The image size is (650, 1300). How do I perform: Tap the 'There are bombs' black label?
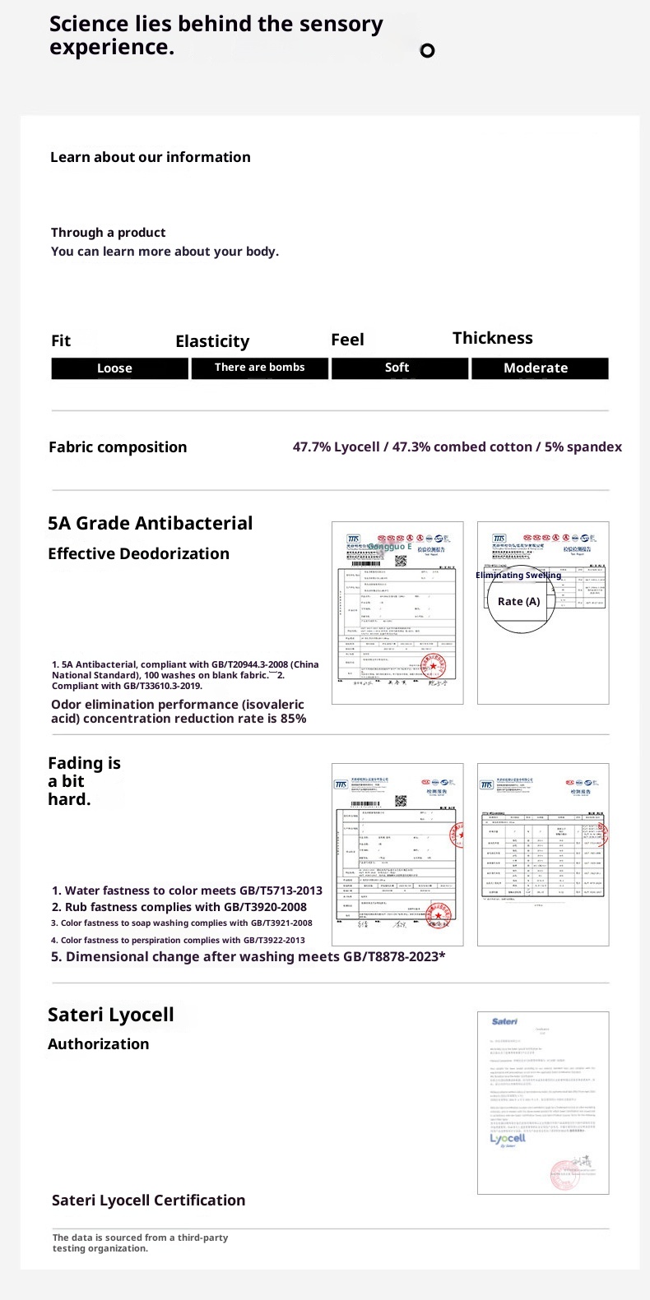point(259,368)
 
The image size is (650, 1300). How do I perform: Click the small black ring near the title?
point(427,51)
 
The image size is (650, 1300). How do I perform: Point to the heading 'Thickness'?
point(492,338)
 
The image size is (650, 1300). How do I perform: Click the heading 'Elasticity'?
point(212,341)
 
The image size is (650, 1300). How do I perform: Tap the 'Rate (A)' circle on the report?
point(518,601)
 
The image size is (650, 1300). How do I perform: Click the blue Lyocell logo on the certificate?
point(508,1139)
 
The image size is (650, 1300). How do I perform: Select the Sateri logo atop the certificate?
point(504,1021)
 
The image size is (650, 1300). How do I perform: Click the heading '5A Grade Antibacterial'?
point(150,523)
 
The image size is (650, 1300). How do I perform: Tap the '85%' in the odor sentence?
point(293,719)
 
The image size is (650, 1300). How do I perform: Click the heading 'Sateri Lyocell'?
point(110,1015)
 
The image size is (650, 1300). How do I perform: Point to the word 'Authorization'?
point(98,1043)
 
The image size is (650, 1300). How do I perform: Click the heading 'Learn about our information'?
point(150,157)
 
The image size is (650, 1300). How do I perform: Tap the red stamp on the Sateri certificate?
point(565,1174)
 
